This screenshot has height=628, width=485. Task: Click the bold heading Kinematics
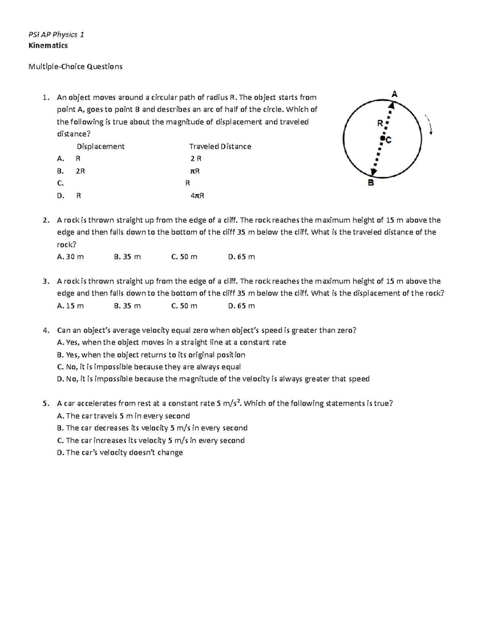click(48, 45)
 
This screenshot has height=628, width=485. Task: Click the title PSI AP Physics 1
click(56, 34)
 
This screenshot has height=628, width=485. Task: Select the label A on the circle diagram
click(394, 94)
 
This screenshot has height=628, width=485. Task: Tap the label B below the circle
click(371, 183)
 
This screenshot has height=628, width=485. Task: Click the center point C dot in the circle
click(382, 139)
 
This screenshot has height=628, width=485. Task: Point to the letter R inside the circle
click(380, 123)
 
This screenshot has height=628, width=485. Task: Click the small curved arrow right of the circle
click(429, 125)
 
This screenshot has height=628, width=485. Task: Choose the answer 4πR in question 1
click(197, 196)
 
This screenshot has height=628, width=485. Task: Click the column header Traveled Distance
click(220, 146)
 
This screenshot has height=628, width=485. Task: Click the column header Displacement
click(101, 146)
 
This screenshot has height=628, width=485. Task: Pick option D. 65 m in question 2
click(241, 257)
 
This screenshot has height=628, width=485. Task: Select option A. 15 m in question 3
click(70, 306)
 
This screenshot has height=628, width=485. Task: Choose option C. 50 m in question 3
click(184, 306)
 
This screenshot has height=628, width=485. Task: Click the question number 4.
click(46, 330)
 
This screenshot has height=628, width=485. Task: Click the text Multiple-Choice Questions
click(75, 66)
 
